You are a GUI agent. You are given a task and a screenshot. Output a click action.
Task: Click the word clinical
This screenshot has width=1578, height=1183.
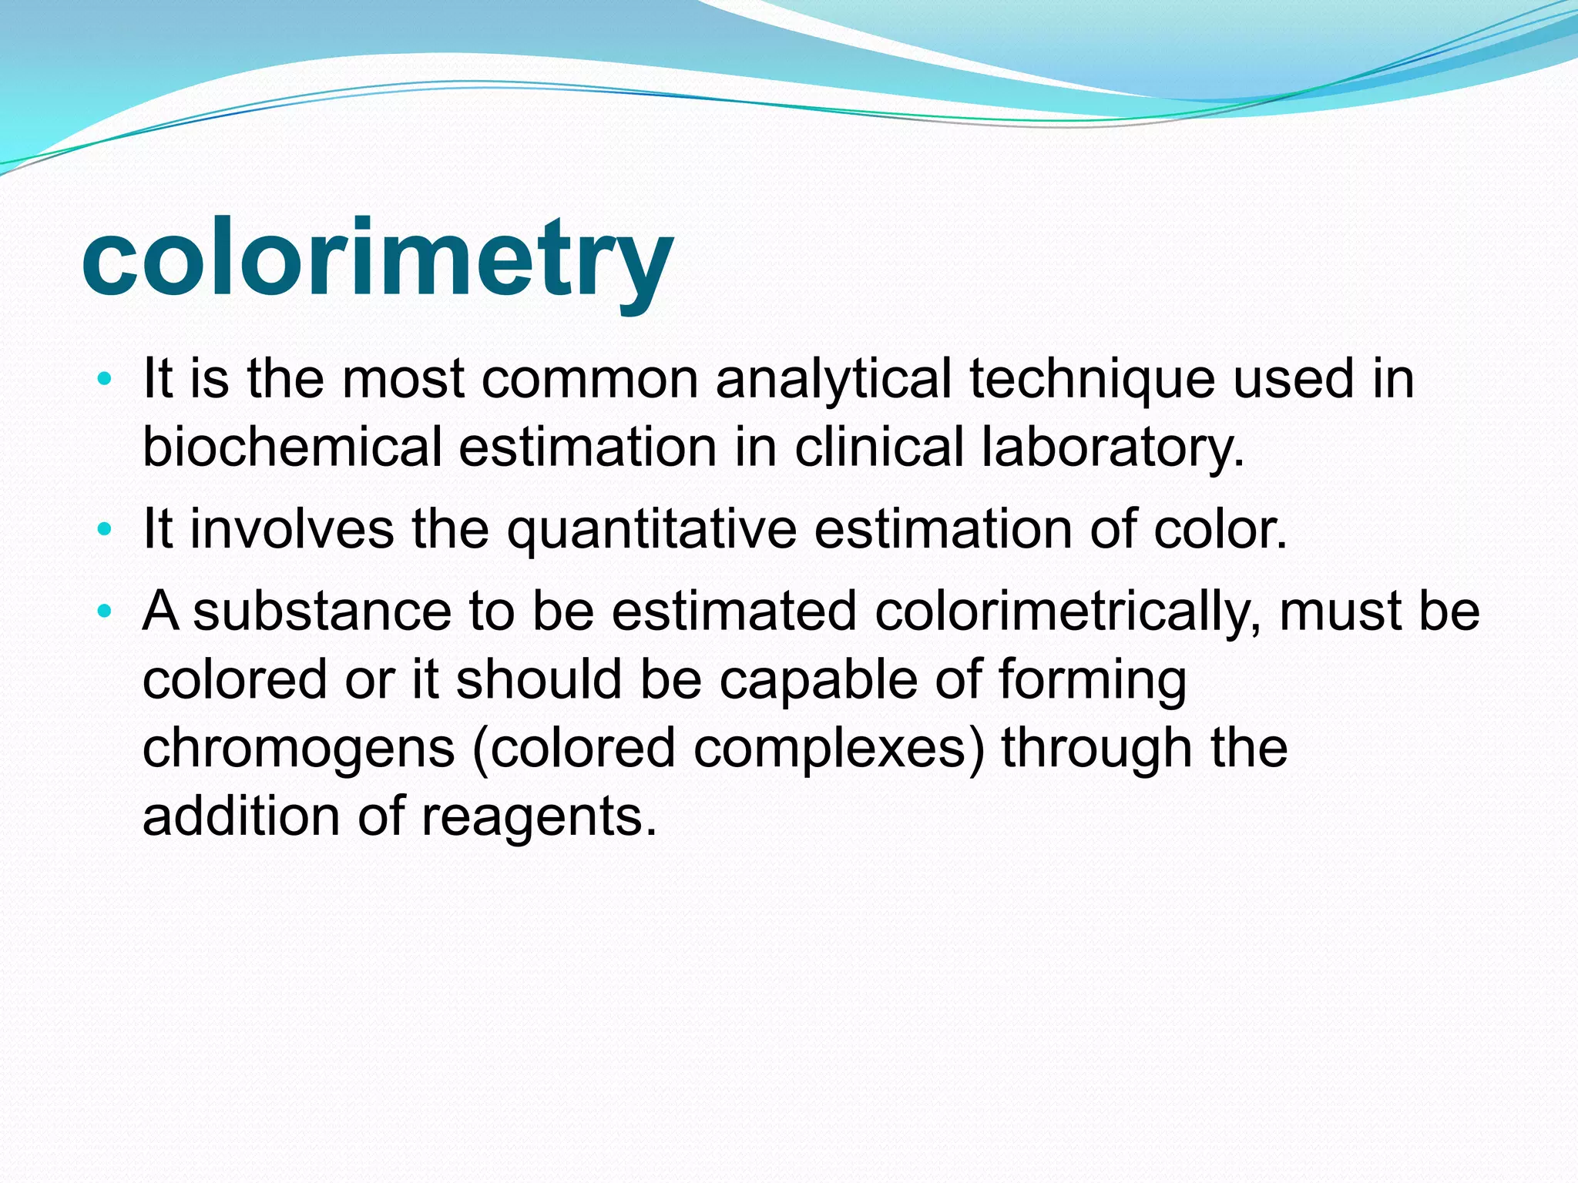[878, 447]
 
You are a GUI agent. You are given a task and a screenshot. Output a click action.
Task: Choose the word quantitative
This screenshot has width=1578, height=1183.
[652, 531]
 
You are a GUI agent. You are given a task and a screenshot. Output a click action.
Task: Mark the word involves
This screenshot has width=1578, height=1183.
[292, 529]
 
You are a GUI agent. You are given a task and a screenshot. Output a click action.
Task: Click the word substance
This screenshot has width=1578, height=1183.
[321, 612]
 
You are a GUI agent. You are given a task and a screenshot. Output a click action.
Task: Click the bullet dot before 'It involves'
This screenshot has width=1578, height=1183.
[105, 530]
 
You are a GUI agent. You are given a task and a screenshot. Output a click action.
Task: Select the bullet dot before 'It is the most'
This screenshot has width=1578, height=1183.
[105, 380]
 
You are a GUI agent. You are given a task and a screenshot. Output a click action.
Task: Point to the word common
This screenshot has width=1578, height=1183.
[589, 380]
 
